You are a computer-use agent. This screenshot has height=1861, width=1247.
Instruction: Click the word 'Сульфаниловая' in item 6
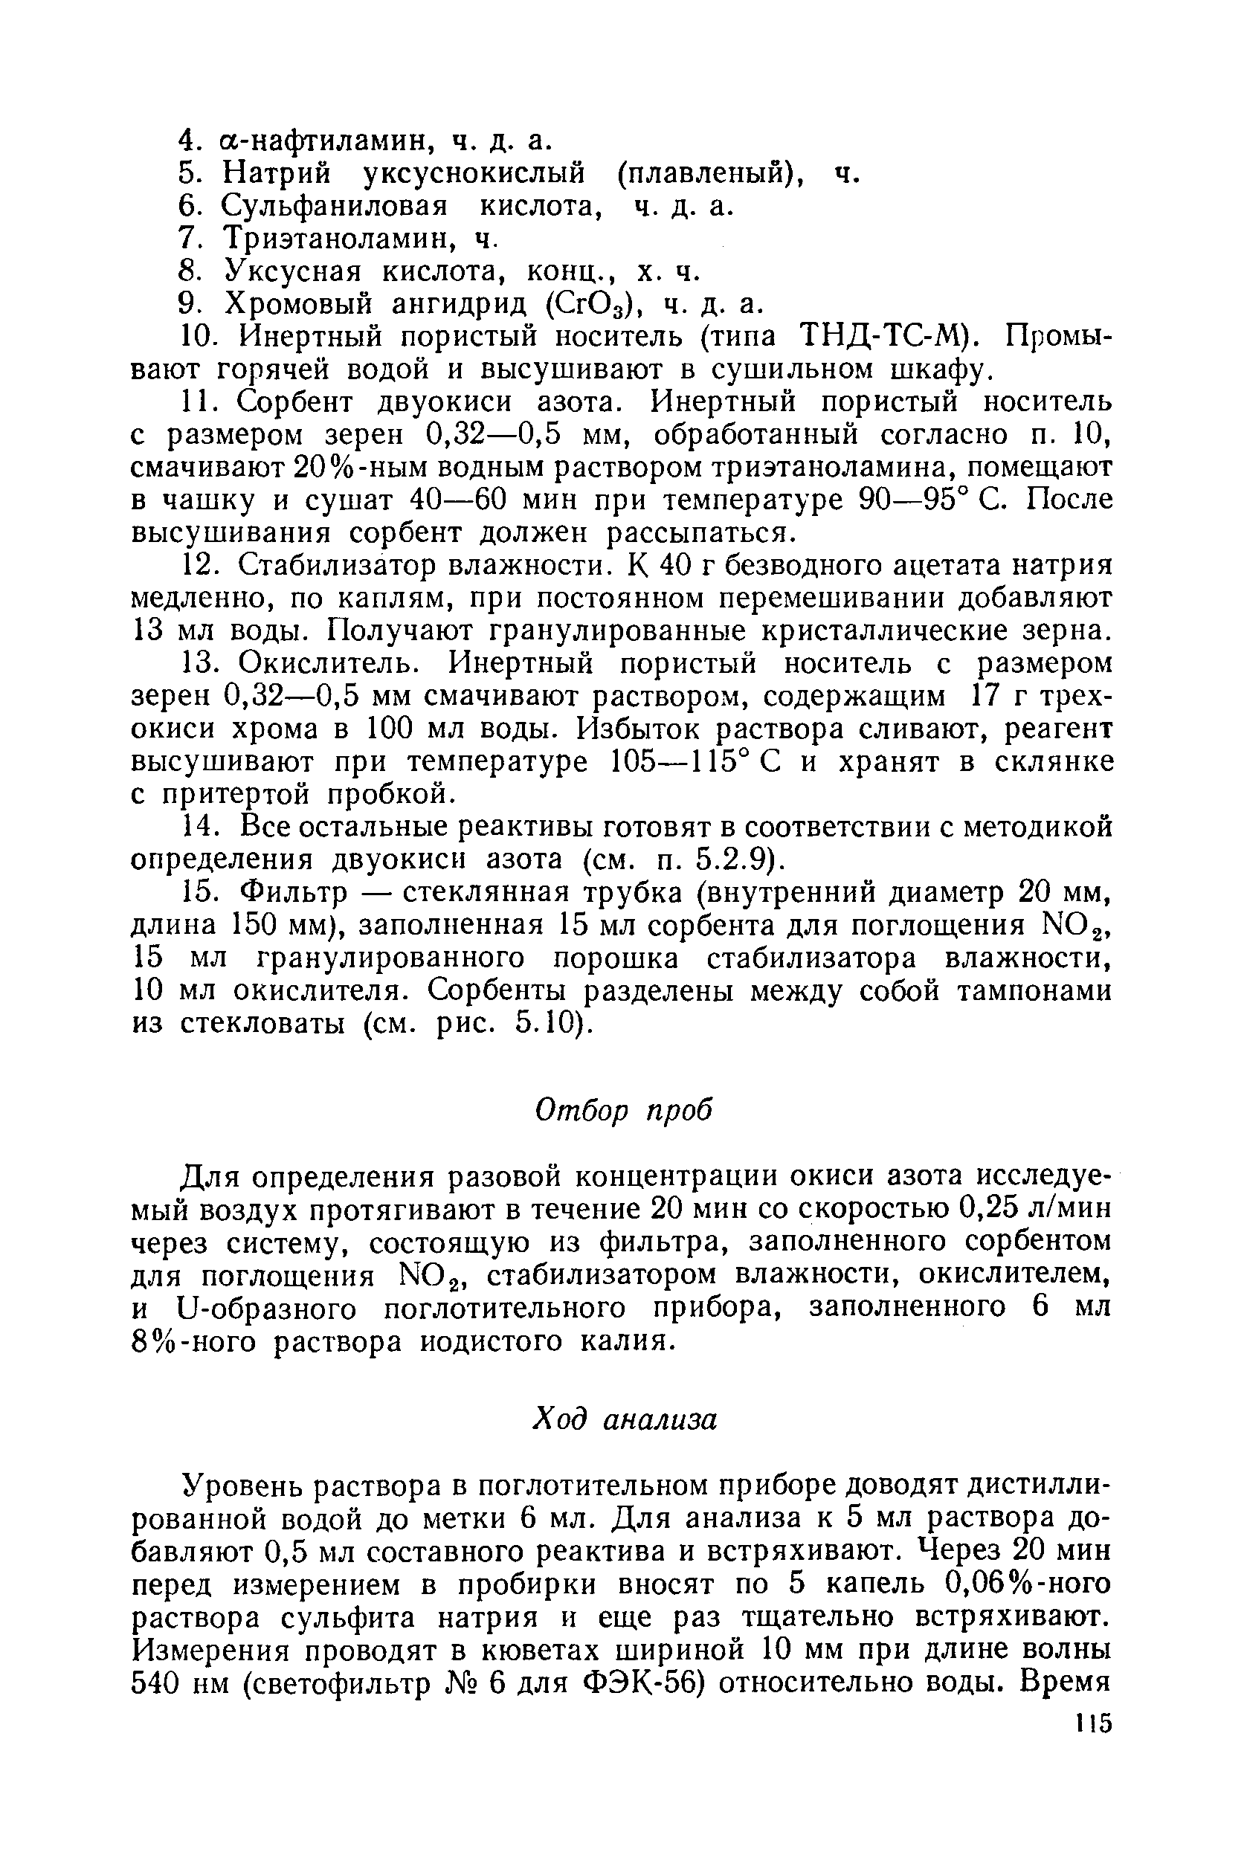click(x=334, y=206)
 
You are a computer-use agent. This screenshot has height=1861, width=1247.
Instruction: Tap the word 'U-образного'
click(x=271, y=1309)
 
